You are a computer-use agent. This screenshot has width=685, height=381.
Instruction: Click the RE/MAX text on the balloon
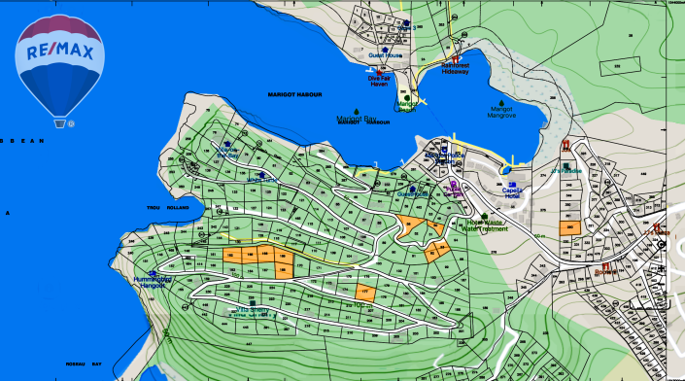tap(59, 52)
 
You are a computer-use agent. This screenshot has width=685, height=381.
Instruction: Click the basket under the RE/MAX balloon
tap(60, 123)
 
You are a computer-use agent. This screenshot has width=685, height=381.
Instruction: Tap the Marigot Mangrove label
tap(501, 112)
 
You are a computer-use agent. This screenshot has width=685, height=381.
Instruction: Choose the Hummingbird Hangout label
tap(154, 283)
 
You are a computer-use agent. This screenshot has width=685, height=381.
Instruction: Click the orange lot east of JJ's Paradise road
tap(569, 227)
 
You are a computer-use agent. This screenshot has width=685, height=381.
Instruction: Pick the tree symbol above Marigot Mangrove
tap(502, 100)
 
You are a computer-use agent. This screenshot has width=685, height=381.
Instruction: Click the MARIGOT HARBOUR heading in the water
tap(294, 93)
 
